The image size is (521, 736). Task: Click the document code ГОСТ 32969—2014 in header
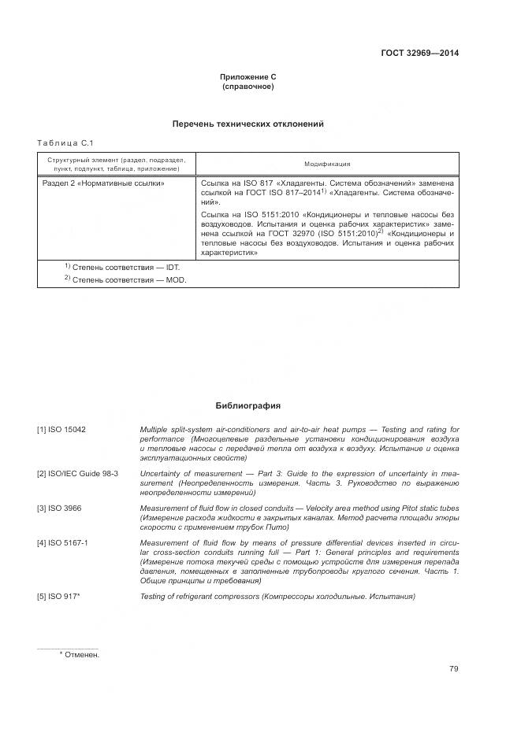click(419, 54)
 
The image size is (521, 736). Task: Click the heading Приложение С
click(248, 76)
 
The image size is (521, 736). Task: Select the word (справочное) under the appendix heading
click(248, 86)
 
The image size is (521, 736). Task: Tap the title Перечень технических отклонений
click(248, 124)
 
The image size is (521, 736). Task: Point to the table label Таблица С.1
click(65, 142)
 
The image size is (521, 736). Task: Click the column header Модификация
click(327, 164)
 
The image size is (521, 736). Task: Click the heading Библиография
click(248, 406)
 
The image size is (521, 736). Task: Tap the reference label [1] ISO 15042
click(61, 430)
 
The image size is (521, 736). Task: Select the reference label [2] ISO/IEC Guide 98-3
click(77, 472)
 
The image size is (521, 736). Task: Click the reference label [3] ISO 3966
click(59, 508)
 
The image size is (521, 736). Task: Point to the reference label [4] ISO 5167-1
click(63, 543)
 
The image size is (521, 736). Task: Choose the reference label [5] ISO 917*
click(59, 596)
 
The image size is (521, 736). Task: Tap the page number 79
click(453, 669)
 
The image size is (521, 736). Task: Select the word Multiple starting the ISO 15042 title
click(154, 430)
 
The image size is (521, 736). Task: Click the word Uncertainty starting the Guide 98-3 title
click(162, 472)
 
